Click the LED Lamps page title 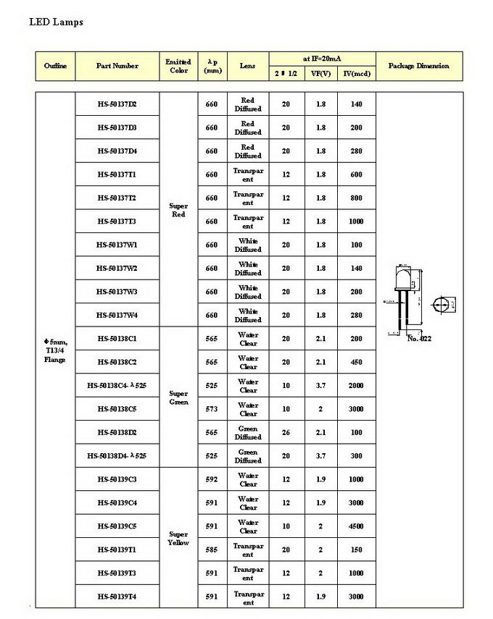pos(56,22)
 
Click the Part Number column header pos(117,66)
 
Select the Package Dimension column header pos(418,66)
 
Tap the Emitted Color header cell pos(178,66)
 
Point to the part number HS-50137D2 pos(117,104)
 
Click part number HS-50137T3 pos(117,222)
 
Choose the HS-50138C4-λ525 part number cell pos(117,386)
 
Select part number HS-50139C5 pos(117,526)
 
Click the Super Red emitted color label pos(178,210)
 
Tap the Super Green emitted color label pos(178,397)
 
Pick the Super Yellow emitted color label pos(178,538)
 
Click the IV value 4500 pos(356,526)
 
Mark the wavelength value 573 pos(211,409)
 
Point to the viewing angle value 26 pos(286,433)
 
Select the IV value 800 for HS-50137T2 pos(356,198)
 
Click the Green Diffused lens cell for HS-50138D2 pos(248,433)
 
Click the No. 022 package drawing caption pos(419,338)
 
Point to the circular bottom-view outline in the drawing pos(440,305)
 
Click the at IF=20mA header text pos(322,57)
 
